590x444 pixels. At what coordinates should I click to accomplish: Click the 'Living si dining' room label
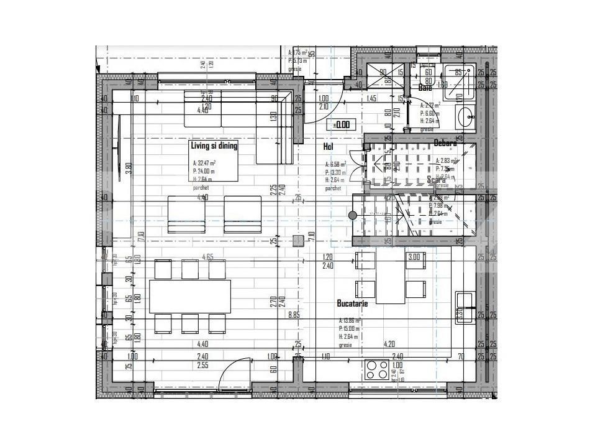coord(213,146)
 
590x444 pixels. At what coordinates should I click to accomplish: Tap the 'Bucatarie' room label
coord(352,303)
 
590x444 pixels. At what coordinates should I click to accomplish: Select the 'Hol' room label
coord(329,147)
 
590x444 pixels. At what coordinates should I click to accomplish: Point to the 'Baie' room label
coord(425,88)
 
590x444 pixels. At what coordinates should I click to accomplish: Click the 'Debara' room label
coord(445,143)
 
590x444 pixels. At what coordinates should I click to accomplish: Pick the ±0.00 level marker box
coord(341,124)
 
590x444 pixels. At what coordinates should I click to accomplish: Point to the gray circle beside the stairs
coord(352,215)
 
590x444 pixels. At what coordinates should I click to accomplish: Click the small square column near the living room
coord(299,240)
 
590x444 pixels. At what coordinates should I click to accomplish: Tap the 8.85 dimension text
coord(294,315)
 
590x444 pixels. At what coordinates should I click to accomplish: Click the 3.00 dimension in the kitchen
coord(413,257)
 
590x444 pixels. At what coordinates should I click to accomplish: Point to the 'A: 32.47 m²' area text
coord(206,165)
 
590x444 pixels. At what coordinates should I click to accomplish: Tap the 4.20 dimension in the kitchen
coord(389,343)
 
